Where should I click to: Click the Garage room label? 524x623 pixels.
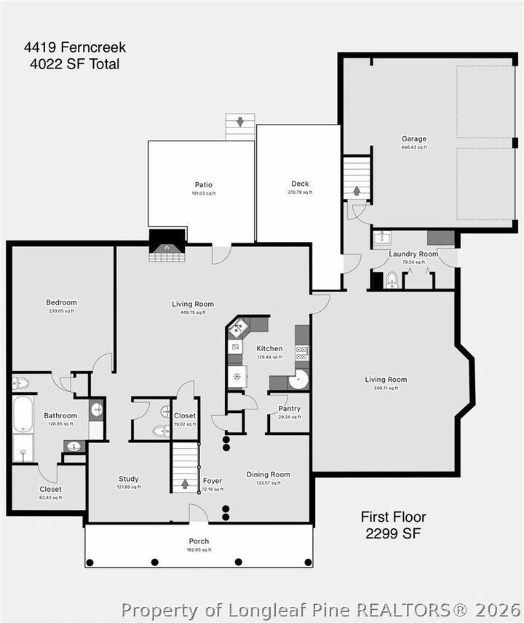click(x=413, y=138)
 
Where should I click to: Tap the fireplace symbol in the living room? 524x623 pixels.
click(x=167, y=246)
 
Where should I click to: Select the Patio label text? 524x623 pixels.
click(x=203, y=184)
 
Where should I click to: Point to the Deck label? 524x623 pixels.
click(x=300, y=184)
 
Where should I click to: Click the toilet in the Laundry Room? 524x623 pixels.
click(x=392, y=280)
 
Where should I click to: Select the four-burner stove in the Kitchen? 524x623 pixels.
click(x=302, y=352)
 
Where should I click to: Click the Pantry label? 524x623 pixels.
click(x=289, y=409)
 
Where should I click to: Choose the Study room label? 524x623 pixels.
click(x=128, y=479)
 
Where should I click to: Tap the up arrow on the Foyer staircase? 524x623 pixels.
click(x=185, y=483)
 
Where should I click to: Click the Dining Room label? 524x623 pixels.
click(x=268, y=474)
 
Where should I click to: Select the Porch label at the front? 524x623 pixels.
click(x=199, y=541)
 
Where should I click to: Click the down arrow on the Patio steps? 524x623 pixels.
click(x=239, y=122)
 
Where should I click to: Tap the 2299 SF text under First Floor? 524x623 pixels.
click(x=393, y=533)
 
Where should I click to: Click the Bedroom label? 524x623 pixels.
click(x=61, y=302)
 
